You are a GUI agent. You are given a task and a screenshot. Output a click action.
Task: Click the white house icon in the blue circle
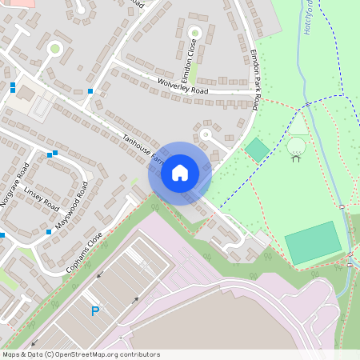pos(180,173)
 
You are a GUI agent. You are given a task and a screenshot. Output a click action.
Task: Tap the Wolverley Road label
pos(182,90)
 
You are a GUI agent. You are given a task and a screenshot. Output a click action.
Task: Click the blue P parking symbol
pos(95,310)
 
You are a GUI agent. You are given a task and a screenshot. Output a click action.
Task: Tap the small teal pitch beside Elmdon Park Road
pos(257,149)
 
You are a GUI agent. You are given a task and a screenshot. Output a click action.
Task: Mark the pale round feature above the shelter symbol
pos(296,146)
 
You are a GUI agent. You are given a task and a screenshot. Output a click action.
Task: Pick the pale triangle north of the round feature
pos(298,126)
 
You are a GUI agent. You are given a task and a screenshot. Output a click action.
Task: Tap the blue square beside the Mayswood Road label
pos(49,232)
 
